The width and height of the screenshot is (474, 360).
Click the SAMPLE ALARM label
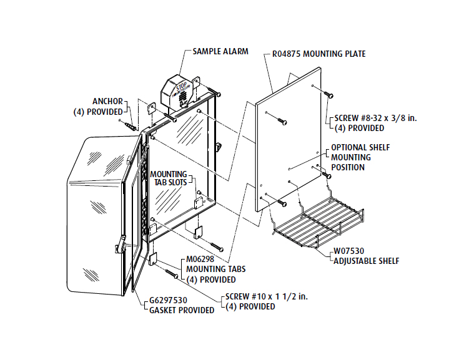[220, 51]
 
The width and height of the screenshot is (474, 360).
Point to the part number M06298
[200, 260]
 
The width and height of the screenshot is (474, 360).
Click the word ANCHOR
[107, 101]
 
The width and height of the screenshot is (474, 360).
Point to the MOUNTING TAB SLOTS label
[167, 178]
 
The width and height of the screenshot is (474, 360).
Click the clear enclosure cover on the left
[97, 218]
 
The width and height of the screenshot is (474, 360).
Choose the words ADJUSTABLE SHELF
[365, 261]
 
